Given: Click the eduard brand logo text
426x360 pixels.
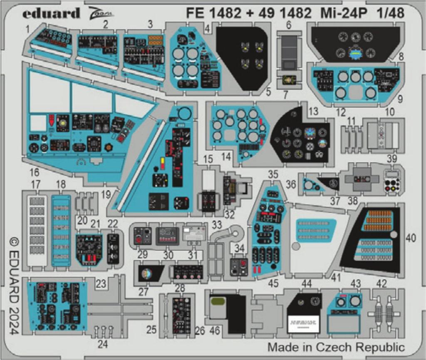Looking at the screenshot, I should click(51, 14).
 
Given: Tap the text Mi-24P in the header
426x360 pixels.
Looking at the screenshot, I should click(343, 13).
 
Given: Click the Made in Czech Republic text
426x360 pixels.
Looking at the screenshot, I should click(336, 347).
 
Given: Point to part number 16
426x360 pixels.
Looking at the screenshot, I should click(35, 172).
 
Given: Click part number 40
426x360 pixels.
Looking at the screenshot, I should click(411, 238).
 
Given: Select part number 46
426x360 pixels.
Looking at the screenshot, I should click(215, 331).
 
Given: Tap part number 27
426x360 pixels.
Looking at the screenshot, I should click(144, 292).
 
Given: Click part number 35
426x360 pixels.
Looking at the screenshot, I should click(272, 175).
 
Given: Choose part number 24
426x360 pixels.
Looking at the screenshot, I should click(102, 343).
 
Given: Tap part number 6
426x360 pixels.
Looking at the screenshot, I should click(288, 25).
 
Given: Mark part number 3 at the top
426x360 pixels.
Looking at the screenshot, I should click(150, 25).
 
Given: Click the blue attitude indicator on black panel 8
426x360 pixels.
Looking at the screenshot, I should click(355, 51).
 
